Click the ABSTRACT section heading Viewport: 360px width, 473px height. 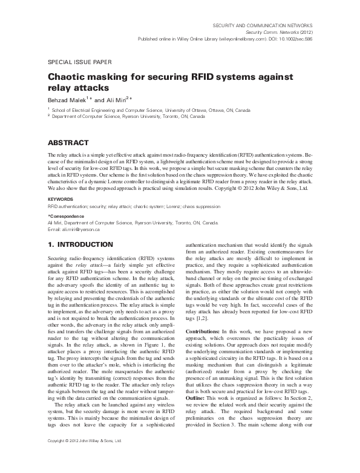(68, 143)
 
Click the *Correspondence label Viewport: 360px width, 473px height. (65, 216)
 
